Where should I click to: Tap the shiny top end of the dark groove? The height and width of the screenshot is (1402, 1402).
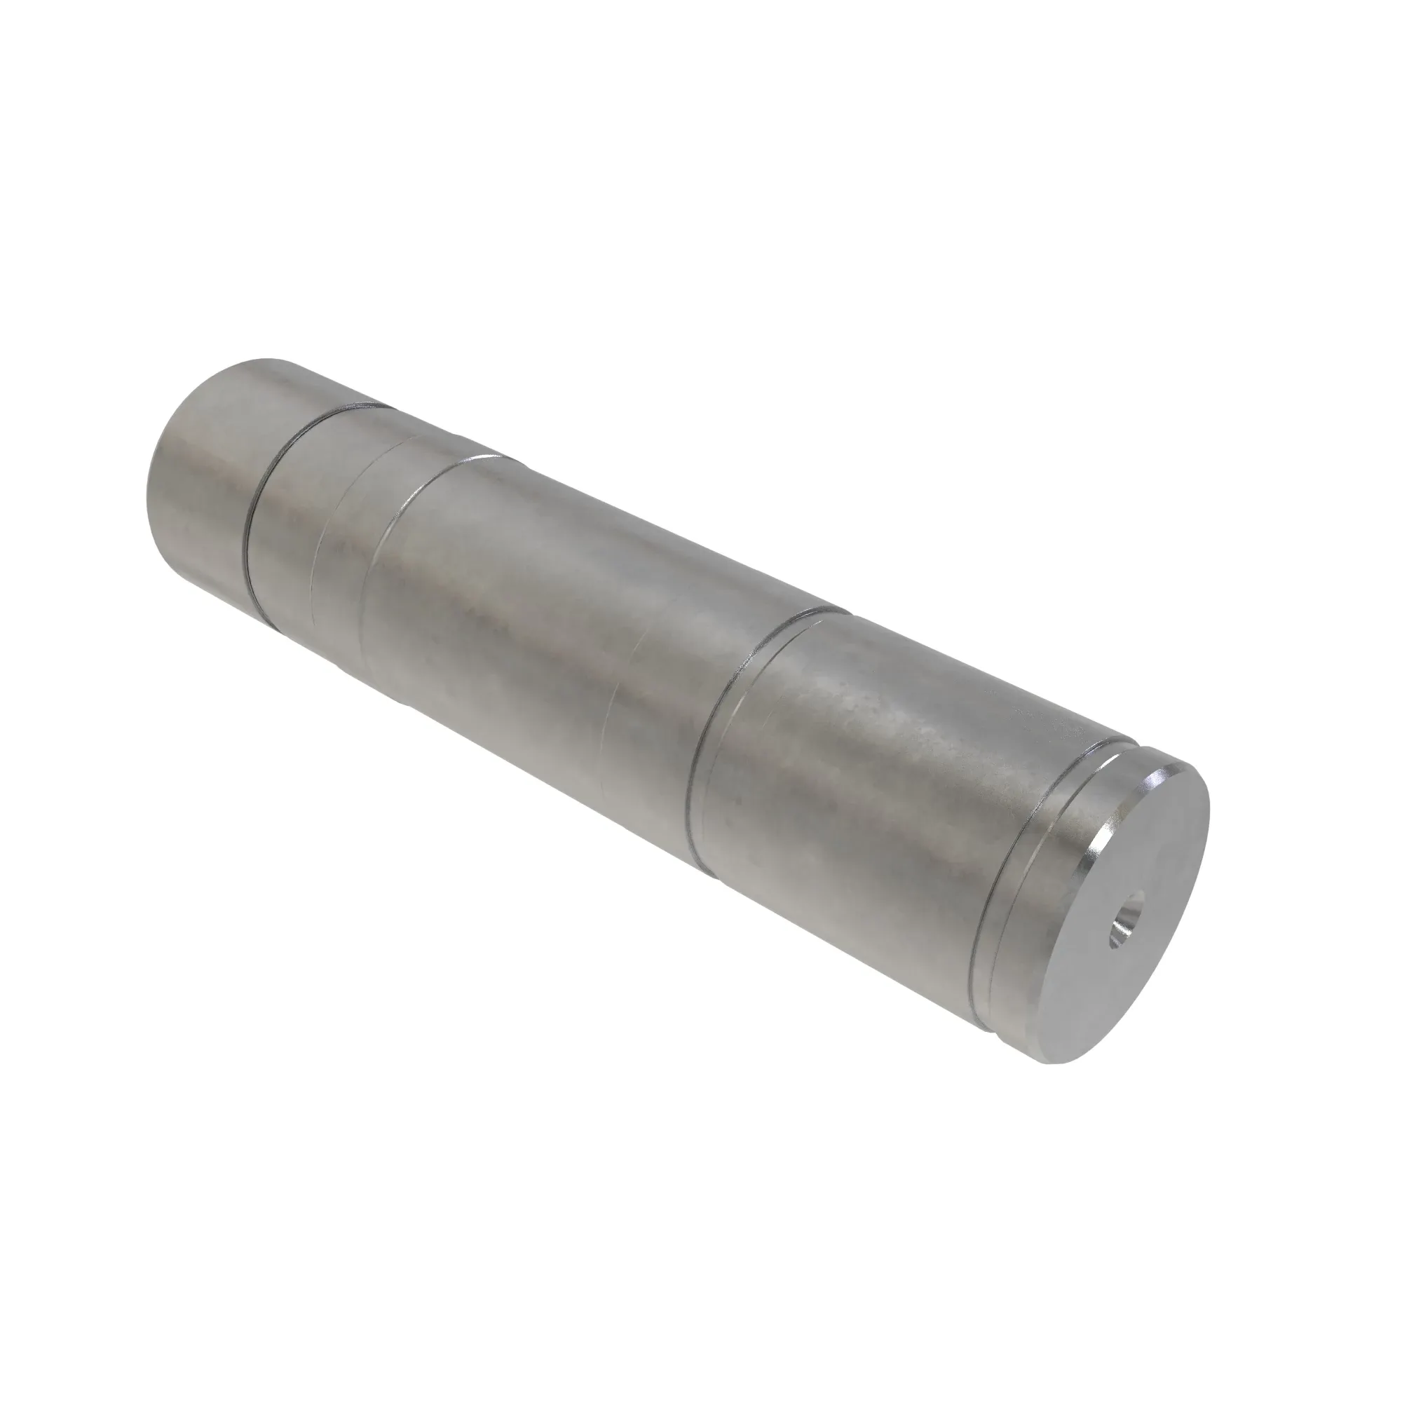pos(355,411)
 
